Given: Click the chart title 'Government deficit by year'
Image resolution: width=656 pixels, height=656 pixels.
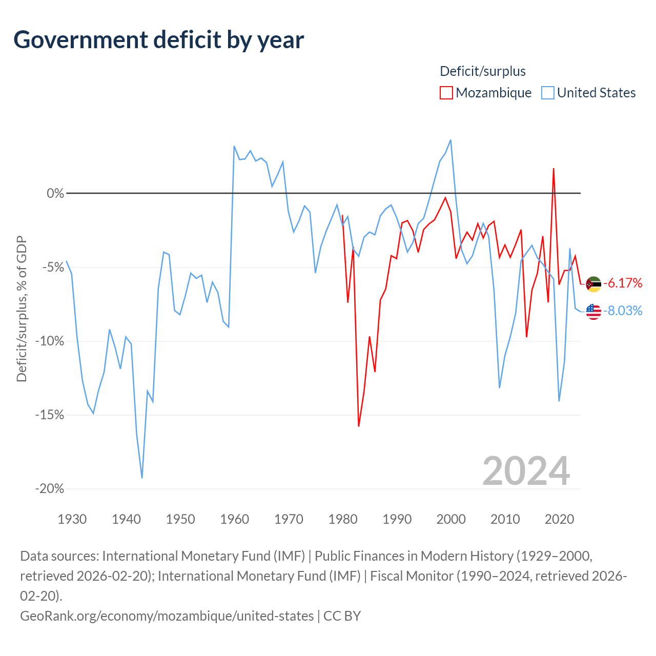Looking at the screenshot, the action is pyautogui.click(x=158, y=40).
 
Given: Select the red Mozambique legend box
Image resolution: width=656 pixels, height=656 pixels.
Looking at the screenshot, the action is pyautogui.click(x=446, y=93).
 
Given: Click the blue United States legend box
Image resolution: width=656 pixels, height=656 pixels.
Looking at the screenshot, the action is pyautogui.click(x=547, y=93).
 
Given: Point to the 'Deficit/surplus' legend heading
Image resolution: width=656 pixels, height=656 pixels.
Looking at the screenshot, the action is pyautogui.click(x=482, y=71).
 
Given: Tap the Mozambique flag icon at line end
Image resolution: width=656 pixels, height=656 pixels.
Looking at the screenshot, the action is pyautogui.click(x=593, y=284).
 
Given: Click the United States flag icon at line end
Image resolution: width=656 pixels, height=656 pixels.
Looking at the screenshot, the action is pyautogui.click(x=593, y=312).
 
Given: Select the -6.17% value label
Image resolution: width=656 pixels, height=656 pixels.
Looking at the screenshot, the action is pyautogui.click(x=623, y=283).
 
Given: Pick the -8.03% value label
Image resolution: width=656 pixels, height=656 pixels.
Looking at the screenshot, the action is pyautogui.click(x=623, y=311).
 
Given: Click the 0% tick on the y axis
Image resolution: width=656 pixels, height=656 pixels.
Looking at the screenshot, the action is pyautogui.click(x=55, y=193).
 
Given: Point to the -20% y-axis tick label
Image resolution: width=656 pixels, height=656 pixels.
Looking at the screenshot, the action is pyautogui.click(x=50, y=489).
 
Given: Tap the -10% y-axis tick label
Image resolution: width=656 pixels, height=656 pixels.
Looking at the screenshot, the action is pyautogui.click(x=50, y=341).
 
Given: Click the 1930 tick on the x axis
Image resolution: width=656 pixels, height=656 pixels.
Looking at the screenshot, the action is pyautogui.click(x=72, y=519).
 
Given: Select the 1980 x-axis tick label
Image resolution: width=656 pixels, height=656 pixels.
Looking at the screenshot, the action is pyautogui.click(x=343, y=519).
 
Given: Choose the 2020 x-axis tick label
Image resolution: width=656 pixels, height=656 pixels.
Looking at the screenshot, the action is pyautogui.click(x=559, y=519).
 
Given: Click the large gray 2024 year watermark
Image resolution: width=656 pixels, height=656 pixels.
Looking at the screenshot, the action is pyautogui.click(x=526, y=471).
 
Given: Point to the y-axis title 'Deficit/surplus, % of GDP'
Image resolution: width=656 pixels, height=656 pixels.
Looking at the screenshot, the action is pyautogui.click(x=22, y=309).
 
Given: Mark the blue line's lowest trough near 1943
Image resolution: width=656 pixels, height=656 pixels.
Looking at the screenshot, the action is pyautogui.click(x=142, y=478).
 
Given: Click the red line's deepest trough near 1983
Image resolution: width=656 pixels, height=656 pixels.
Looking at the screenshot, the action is pyautogui.click(x=358, y=426).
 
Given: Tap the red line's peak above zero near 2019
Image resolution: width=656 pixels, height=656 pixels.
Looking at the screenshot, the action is pyautogui.click(x=553, y=169).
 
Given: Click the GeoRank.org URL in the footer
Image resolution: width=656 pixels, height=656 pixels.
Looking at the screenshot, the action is pyautogui.click(x=167, y=616).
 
